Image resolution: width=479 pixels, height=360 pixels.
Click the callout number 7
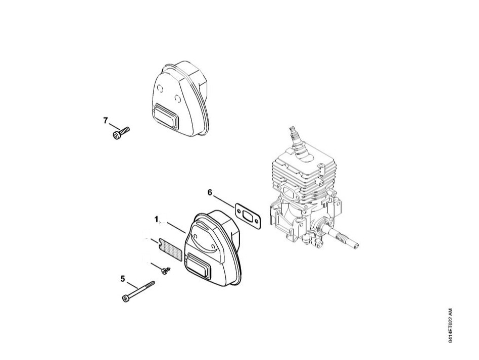click(106, 121)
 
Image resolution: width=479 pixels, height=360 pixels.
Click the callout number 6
click(210, 193)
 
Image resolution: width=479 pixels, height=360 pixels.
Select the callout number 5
click(123, 279)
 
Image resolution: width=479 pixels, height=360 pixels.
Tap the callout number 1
click(157, 220)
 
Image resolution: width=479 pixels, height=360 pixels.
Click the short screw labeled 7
click(121, 133)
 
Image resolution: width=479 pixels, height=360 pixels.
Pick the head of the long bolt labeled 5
click(125, 298)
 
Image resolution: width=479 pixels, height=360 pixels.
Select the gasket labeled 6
click(248, 216)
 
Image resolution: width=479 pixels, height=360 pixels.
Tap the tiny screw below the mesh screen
click(165, 270)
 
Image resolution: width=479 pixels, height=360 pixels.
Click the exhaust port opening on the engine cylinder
click(289, 191)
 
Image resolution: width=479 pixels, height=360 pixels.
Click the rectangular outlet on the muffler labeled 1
click(199, 264)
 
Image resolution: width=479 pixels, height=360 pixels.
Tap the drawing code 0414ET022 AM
click(451, 325)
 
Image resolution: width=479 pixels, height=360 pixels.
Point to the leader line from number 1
click(174, 227)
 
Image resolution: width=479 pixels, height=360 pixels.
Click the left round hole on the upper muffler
click(159, 88)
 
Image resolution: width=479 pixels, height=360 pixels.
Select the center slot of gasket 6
click(248, 216)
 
